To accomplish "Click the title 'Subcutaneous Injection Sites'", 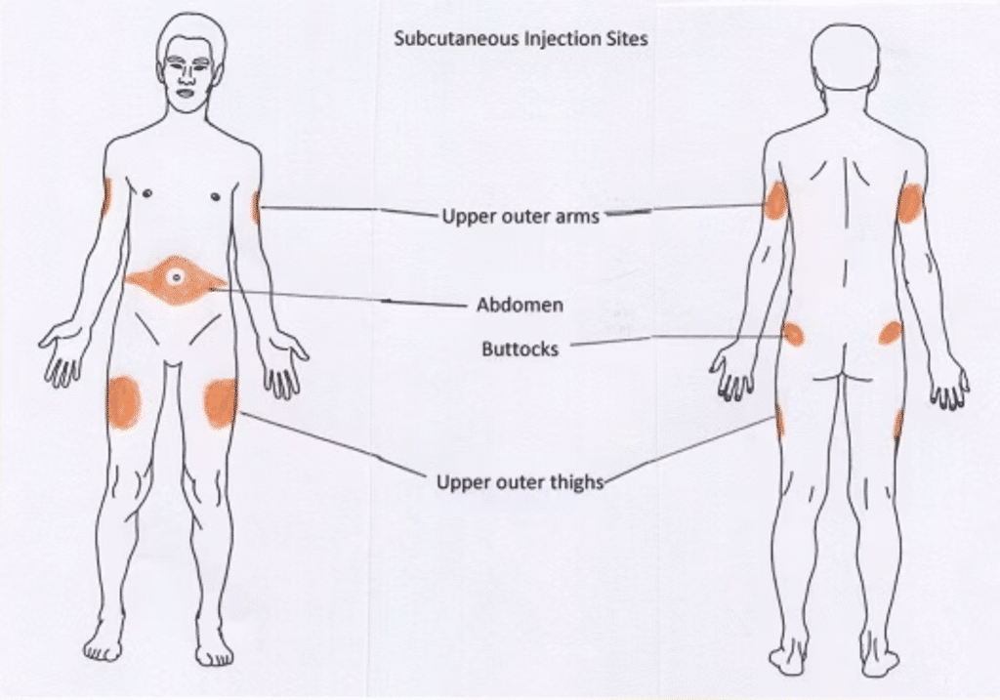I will (520, 40).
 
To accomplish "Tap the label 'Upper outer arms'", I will (521, 216).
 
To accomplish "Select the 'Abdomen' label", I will (520, 305).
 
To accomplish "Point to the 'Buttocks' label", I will (520, 348).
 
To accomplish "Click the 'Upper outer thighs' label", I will (520, 481).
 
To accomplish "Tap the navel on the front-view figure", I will (177, 277).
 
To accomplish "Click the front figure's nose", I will (187, 80).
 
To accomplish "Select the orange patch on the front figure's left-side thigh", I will (124, 401).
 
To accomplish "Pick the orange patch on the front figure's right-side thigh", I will (220, 402).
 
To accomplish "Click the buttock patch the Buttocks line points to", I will (793, 335).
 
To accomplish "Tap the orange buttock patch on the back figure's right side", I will (890, 333).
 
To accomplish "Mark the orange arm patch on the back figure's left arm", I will (775, 201).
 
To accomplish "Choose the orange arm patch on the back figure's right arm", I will (910, 203).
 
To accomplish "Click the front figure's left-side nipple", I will (146, 193).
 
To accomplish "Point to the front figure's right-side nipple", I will (215, 197).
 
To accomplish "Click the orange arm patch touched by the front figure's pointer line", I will (255, 207).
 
